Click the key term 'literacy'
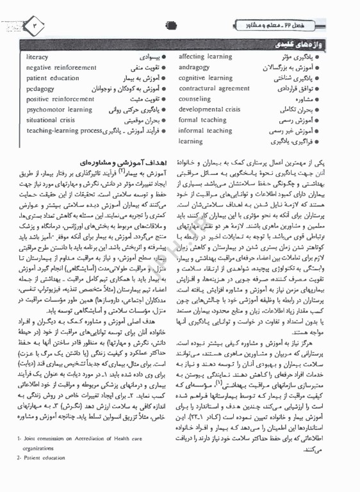pos(37,58)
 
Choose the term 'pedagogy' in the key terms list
pos(40,89)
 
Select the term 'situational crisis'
pos(51,120)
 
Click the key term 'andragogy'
pos(195,67)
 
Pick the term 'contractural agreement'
pos(214,89)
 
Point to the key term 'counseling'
pos(195,99)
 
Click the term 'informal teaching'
pos(205,131)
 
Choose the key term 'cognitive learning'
pos(205,78)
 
